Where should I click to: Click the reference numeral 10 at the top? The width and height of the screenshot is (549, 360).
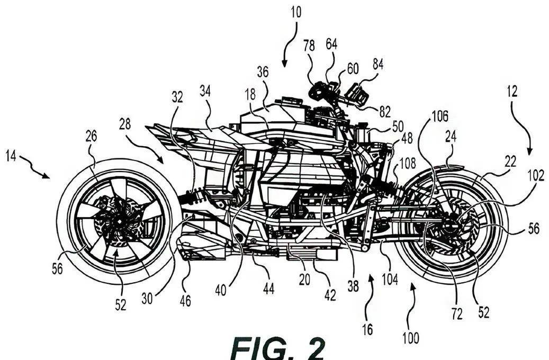(x=295, y=12)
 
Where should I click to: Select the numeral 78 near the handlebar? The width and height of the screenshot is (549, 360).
(x=309, y=47)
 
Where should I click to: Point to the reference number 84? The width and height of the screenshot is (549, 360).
(x=377, y=64)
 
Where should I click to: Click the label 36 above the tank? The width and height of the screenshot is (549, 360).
(x=263, y=71)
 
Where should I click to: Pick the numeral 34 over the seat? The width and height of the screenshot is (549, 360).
(x=205, y=91)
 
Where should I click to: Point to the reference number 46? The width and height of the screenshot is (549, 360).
(x=185, y=301)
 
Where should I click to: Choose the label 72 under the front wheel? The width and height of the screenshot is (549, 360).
(x=456, y=313)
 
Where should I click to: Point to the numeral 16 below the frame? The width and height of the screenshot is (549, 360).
(x=367, y=329)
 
